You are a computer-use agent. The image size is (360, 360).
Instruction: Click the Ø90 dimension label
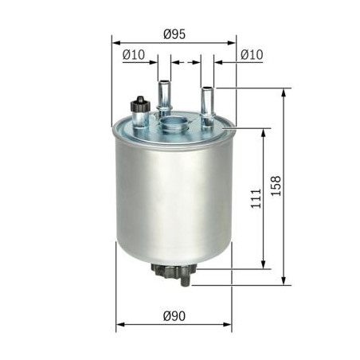[x=174, y=316]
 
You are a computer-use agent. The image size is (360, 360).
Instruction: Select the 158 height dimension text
[x=276, y=185]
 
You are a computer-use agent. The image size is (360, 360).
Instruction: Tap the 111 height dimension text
[x=252, y=199]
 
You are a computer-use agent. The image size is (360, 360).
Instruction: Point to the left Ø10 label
[x=133, y=54]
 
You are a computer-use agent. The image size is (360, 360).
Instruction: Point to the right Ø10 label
[x=252, y=54]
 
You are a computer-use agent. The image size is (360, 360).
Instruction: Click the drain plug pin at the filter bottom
[x=186, y=278]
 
